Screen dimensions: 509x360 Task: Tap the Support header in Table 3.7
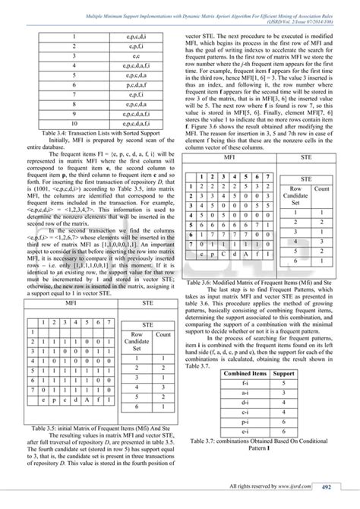coord(283,374)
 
